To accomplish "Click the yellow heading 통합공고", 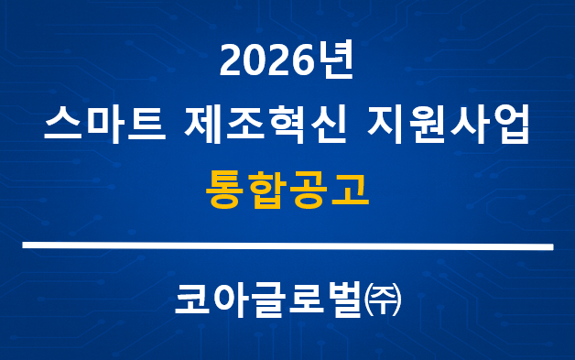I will click(287, 186).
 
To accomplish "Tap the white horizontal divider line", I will click(287, 246).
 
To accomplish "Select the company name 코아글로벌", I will click(266, 303).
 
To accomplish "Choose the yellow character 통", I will click(226, 186).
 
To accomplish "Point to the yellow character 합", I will click(267, 186).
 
